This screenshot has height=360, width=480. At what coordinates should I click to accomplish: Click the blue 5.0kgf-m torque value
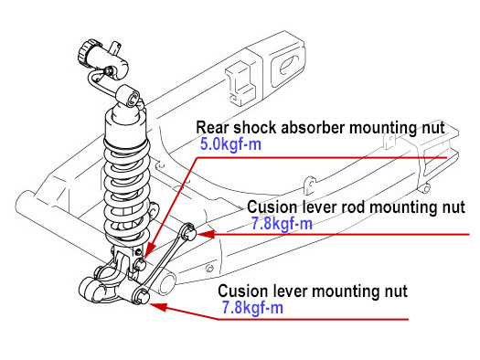pos(230,143)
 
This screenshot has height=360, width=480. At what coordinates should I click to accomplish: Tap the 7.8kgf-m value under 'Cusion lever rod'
pos(282,224)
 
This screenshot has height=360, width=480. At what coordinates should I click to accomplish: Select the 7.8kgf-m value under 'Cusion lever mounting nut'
pos(252,307)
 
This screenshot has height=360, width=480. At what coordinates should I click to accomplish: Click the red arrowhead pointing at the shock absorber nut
pos(150,249)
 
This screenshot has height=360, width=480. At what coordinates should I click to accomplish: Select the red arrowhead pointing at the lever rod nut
pos(207,234)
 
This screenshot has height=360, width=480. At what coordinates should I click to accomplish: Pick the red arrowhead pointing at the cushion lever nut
pos(158,306)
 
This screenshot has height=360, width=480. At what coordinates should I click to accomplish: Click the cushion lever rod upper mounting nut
pos(189,232)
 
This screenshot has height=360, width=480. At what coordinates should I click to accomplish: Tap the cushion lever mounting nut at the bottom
pos(143,295)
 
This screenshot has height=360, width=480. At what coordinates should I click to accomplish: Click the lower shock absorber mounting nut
pos(140,264)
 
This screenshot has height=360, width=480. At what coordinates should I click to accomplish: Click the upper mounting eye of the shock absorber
pos(129,96)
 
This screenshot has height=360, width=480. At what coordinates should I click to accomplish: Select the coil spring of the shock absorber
pos(126,190)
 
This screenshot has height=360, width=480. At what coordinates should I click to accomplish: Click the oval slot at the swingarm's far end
pos(289,65)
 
